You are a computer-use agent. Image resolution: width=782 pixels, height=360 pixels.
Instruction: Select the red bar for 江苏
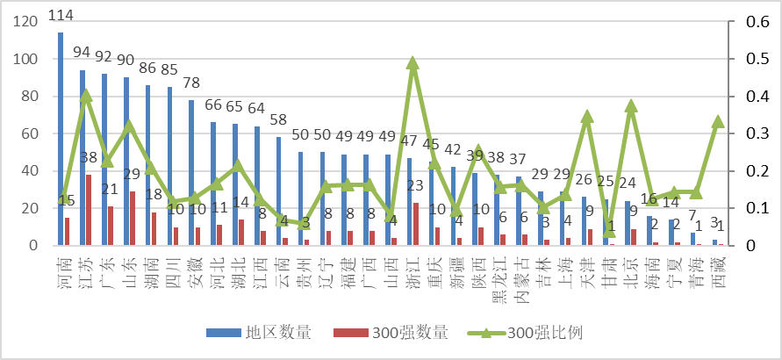(89, 210)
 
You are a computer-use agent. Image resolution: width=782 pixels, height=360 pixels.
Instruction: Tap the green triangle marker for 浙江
(413, 63)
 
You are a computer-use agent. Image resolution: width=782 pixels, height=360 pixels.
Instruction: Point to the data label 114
(61, 16)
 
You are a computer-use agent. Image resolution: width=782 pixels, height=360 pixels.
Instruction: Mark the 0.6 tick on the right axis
(753, 22)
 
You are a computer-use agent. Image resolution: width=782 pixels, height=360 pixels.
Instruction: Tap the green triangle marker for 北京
(631, 106)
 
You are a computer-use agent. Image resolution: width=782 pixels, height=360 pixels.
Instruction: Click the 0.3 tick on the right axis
(753, 133)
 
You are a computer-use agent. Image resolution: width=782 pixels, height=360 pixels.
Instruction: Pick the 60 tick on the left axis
(30, 133)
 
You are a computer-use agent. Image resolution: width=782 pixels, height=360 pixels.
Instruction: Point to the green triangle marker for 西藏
(718, 121)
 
